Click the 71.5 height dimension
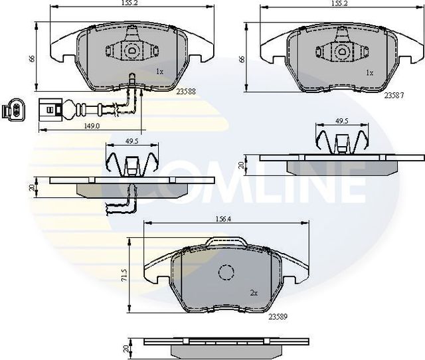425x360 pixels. point(126,276)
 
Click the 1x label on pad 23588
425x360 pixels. point(159,71)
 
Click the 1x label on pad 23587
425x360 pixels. point(370,71)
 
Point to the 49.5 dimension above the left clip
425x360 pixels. point(131,141)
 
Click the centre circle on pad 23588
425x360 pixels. point(132,50)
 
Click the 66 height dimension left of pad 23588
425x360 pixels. point(31,59)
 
